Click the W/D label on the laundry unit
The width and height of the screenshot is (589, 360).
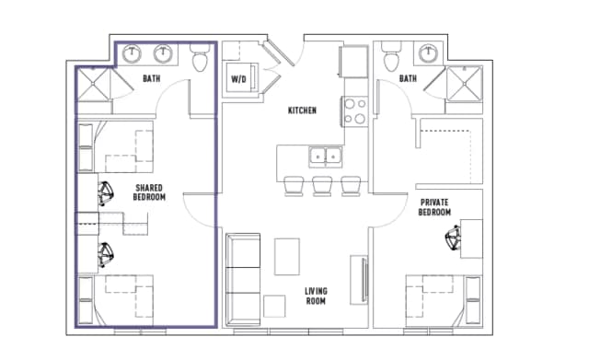click(x=238, y=78)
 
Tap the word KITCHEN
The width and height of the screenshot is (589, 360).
click(x=302, y=110)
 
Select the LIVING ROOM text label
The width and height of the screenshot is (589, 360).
click(x=316, y=296)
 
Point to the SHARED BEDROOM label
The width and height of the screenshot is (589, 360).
click(x=149, y=191)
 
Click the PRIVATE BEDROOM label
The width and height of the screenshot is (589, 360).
click(x=435, y=206)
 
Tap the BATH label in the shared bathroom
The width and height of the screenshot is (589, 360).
click(x=152, y=79)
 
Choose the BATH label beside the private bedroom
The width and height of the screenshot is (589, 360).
click(x=408, y=79)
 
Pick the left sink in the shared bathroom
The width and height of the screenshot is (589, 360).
click(x=131, y=52)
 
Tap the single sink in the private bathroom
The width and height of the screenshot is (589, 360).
click(x=428, y=52)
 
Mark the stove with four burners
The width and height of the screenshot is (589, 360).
click(x=354, y=111)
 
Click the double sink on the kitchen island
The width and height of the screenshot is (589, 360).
click(x=325, y=156)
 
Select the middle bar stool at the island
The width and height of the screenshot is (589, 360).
click(x=321, y=185)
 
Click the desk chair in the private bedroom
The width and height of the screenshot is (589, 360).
click(x=452, y=239)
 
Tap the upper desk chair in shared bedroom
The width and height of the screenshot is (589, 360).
click(x=106, y=193)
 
